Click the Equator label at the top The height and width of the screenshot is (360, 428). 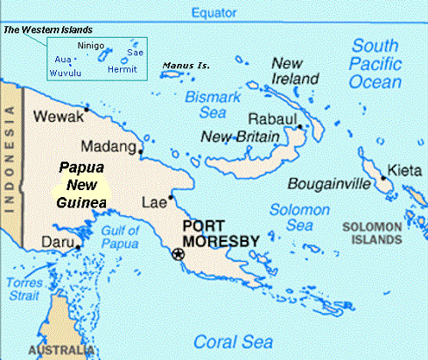coord(214,11)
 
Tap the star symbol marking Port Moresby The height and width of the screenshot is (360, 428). coord(179,254)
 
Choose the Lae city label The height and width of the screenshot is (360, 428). coord(152,202)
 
